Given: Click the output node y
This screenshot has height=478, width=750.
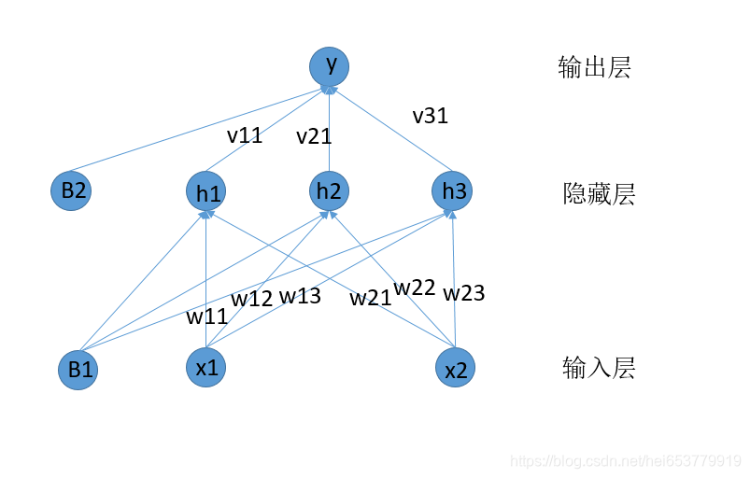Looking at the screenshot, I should (x=330, y=64).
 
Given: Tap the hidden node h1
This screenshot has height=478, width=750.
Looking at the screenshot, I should (x=205, y=191).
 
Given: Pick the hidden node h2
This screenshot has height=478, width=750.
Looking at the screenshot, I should (x=329, y=190).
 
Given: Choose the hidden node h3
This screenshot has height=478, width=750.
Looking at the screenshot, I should (x=453, y=190).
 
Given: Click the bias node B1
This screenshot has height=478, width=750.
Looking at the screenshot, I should (x=78, y=369).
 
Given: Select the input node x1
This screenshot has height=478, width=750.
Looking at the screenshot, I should (x=206, y=367).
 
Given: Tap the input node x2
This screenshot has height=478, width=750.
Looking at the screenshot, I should (x=456, y=369).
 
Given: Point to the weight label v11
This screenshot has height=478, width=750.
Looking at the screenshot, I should (x=245, y=135).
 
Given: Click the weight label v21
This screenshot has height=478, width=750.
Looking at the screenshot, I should (x=314, y=137).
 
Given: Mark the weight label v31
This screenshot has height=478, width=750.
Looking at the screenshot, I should (x=430, y=117).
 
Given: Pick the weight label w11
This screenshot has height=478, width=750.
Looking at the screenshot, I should (x=206, y=316).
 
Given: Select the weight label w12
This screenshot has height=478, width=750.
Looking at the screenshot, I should (x=252, y=299).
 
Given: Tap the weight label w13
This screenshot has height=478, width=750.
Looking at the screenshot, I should (x=300, y=296).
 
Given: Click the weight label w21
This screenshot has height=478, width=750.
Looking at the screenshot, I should (x=371, y=299).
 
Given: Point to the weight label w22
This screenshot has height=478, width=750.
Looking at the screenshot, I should (x=415, y=288).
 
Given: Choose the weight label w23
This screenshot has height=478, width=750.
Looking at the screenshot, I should (x=464, y=294).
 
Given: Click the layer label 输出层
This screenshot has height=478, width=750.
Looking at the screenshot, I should (x=594, y=67).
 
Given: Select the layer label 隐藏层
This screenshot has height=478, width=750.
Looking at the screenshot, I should (x=599, y=194).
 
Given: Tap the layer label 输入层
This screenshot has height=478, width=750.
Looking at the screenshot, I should (x=599, y=368).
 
